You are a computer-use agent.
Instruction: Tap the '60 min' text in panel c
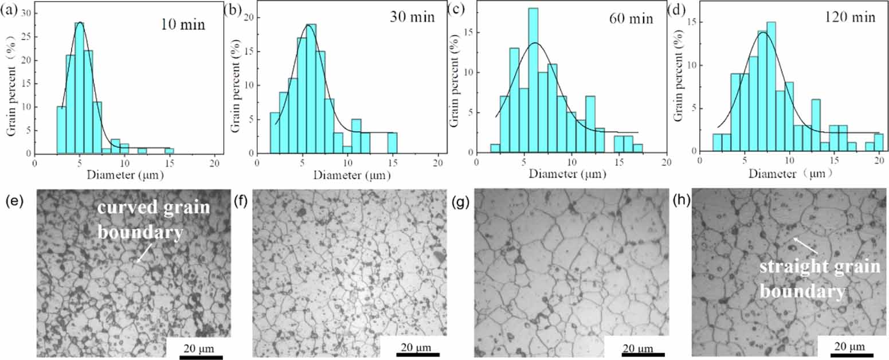[630, 18]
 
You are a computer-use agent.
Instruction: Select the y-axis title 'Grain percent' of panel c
[455, 80]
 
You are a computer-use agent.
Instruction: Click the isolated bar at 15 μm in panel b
[392, 143]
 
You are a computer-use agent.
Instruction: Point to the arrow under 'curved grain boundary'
[144, 253]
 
